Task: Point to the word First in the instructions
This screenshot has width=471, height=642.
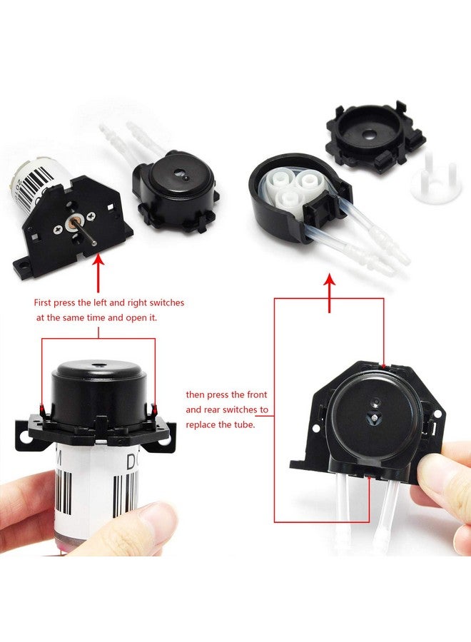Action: (46, 302)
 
